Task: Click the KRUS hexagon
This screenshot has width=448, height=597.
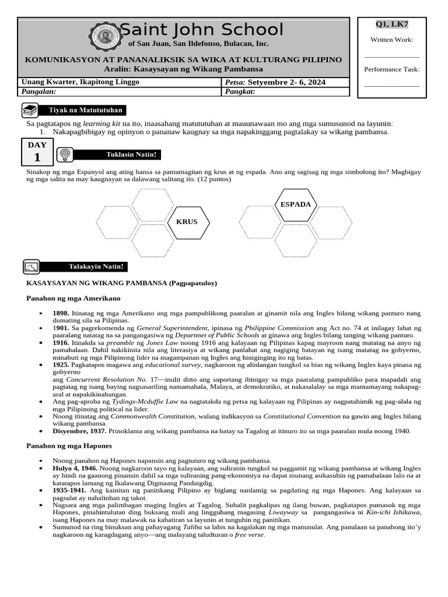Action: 187,222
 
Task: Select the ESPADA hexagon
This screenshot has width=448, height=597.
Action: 296,204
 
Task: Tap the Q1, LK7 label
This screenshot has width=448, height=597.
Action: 391,24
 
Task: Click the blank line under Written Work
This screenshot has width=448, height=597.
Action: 391,57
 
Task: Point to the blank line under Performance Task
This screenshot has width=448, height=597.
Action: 391,86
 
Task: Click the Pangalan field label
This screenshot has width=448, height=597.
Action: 38,92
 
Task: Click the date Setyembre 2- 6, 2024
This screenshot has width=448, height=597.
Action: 286,82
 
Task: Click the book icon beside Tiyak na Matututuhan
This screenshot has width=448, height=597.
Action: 30,110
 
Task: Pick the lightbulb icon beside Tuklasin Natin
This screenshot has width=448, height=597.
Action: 65,154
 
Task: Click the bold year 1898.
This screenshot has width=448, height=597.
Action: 61,313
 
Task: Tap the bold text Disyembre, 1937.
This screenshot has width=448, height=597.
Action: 79,431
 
